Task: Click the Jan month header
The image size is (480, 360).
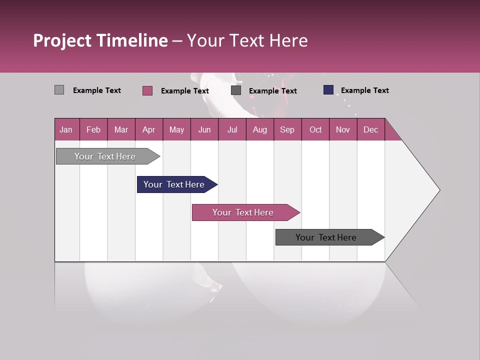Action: tap(66, 129)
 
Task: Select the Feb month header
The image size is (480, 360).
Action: tap(93, 129)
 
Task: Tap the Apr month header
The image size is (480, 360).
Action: tap(148, 129)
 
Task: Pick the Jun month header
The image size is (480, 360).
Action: tap(204, 129)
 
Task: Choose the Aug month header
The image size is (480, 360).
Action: tap(259, 129)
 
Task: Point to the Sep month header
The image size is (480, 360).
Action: tap(287, 129)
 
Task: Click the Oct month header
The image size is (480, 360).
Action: tap(315, 129)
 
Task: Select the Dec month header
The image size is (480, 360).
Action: tap(370, 129)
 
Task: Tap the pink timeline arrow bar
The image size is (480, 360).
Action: tap(243, 212)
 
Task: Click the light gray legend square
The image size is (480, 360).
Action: tap(59, 90)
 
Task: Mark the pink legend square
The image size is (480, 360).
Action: tap(147, 90)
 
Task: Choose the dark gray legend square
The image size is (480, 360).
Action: tap(236, 90)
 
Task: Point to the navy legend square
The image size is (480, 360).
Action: tap(328, 90)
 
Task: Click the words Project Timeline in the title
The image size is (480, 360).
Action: tap(100, 40)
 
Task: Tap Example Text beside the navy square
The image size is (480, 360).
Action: tap(364, 90)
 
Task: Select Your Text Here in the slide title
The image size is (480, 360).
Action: tap(247, 40)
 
